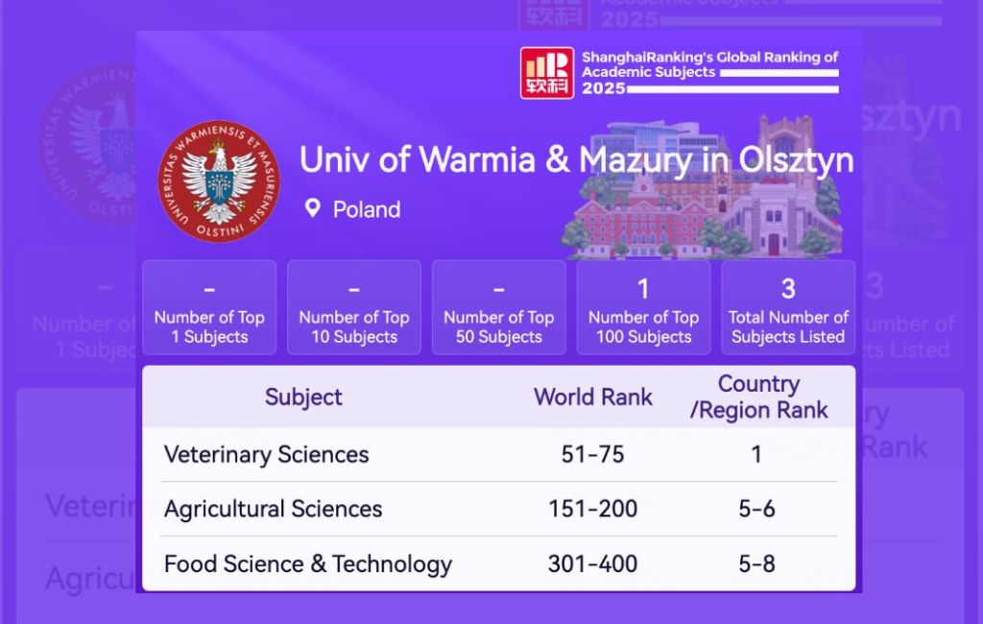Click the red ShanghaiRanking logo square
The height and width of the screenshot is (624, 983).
click(x=547, y=73)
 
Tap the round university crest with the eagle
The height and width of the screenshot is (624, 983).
click(x=219, y=181)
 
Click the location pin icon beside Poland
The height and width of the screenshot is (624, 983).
click(x=312, y=208)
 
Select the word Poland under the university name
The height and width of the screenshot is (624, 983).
click(x=367, y=209)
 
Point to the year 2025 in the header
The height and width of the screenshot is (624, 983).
click(x=604, y=88)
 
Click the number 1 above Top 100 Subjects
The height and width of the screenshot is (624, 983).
click(x=643, y=288)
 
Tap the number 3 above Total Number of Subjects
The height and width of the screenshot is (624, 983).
click(x=788, y=288)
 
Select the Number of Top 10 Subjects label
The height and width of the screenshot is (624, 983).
click(x=354, y=327)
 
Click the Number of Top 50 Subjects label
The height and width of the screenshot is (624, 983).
click(x=498, y=327)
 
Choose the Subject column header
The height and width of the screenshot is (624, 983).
click(x=303, y=396)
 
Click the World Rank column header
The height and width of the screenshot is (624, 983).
click(x=593, y=396)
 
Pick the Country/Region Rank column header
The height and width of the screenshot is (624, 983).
click(x=758, y=397)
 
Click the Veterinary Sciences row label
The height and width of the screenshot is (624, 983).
click(x=266, y=454)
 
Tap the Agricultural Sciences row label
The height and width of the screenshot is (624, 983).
click(x=273, y=509)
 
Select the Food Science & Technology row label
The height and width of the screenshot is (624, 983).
click(x=307, y=564)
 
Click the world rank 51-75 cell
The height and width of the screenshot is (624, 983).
click(x=592, y=454)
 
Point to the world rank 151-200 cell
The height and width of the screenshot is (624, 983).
click(x=592, y=509)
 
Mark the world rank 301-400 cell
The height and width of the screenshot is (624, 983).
click(x=592, y=564)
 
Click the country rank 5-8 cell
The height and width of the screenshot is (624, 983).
click(x=756, y=564)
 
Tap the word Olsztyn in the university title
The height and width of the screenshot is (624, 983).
click(x=795, y=160)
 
